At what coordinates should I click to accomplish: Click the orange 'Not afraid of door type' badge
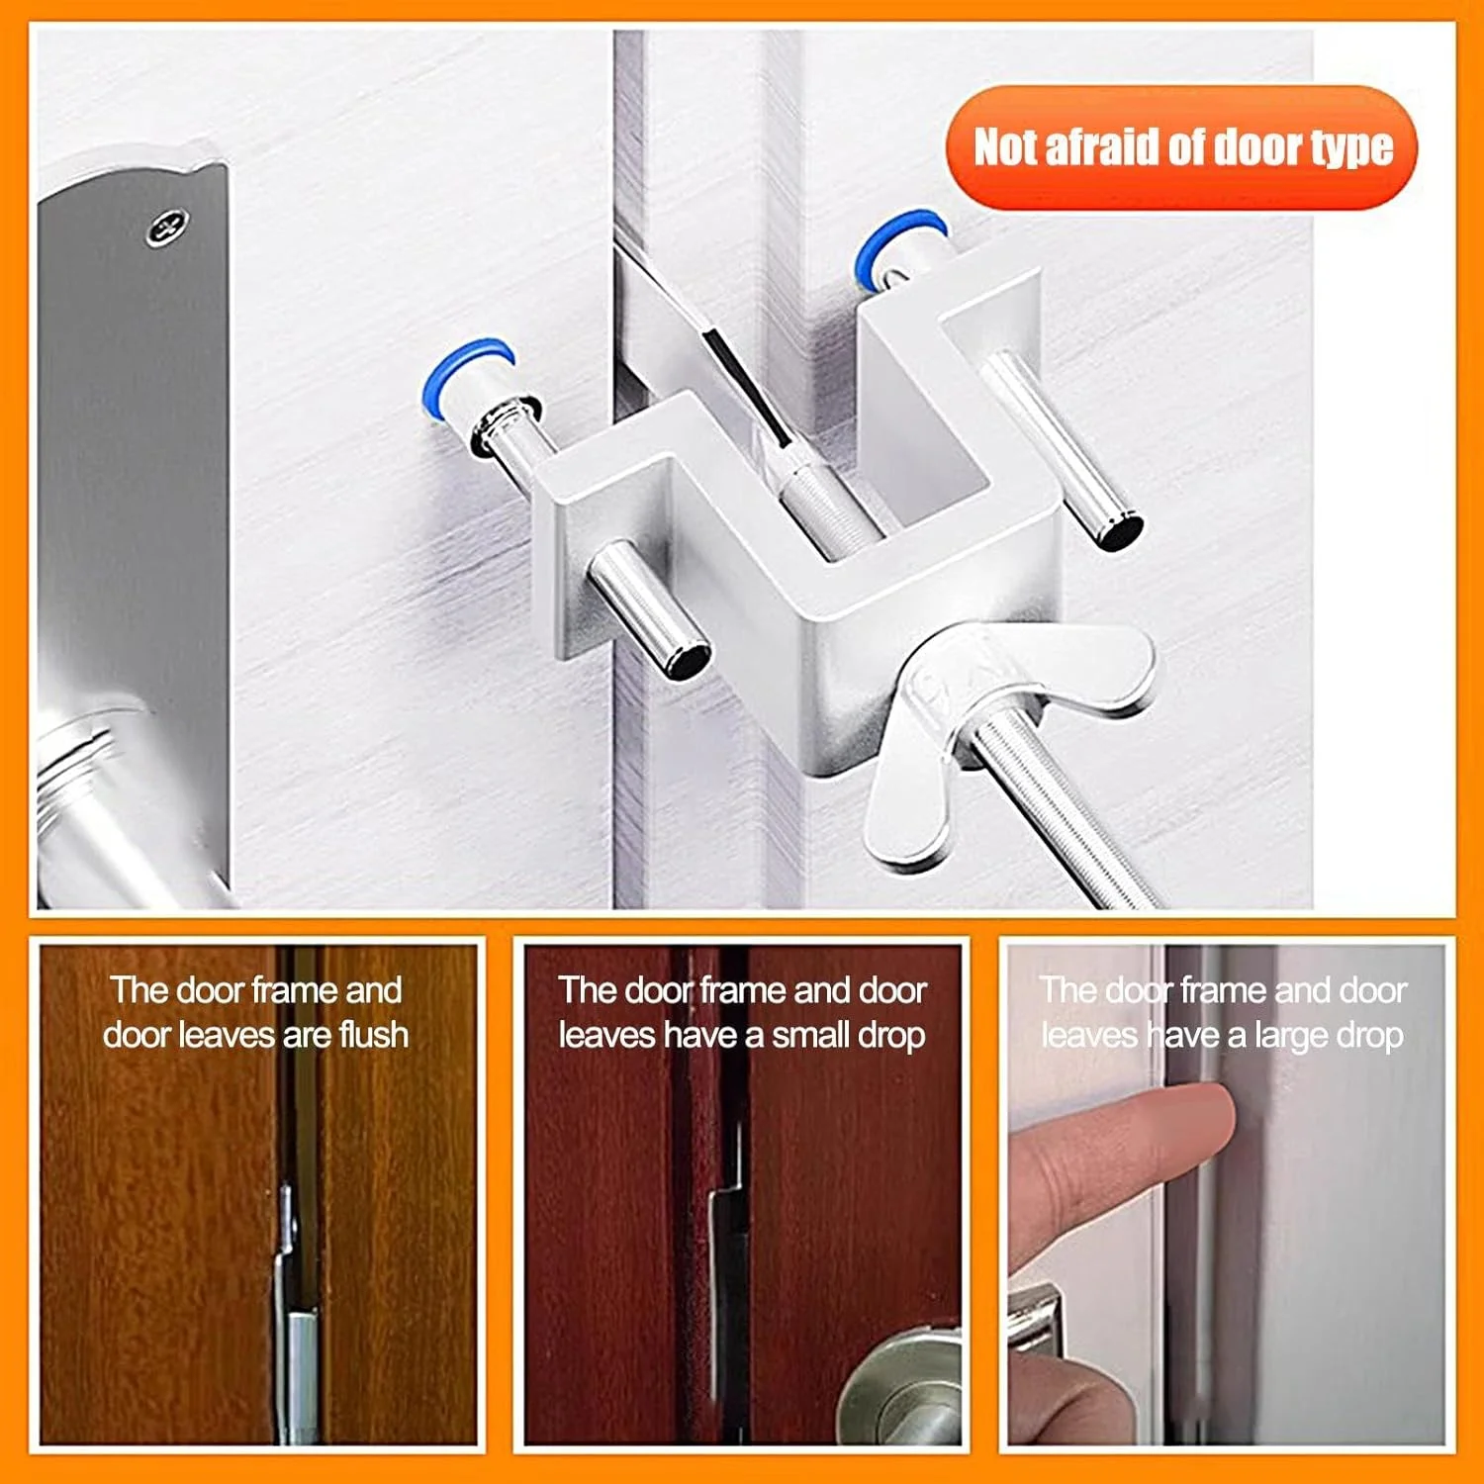(x=1181, y=147)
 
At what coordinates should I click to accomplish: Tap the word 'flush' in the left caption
(x=373, y=1035)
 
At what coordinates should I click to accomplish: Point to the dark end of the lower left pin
(x=687, y=660)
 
